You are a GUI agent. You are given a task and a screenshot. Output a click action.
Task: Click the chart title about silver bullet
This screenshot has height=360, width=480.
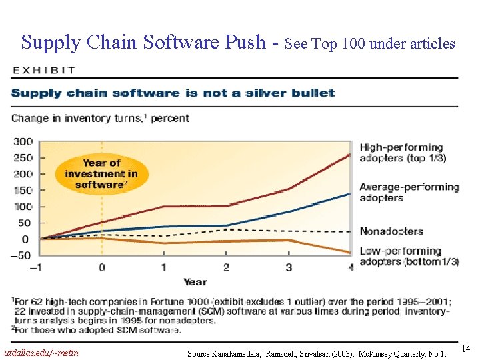173,93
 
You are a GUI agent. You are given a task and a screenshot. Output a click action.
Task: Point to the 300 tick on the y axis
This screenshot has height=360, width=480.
23,141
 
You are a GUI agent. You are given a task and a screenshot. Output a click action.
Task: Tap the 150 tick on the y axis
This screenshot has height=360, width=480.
23,190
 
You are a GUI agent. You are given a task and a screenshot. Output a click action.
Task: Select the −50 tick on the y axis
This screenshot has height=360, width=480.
20,255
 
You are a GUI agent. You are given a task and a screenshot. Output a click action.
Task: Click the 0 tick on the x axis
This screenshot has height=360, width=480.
101,267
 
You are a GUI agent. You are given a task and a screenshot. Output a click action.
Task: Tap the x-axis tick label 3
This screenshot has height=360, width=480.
289,267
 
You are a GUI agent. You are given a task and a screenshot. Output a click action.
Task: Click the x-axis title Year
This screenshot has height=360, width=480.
195,281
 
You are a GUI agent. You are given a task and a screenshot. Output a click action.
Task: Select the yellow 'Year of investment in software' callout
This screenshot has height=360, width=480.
101,173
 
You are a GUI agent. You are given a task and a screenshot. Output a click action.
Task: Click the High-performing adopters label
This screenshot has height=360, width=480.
403,153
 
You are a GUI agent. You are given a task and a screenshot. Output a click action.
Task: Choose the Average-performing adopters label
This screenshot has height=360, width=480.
409,192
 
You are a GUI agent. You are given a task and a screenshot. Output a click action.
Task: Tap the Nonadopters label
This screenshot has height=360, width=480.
391,231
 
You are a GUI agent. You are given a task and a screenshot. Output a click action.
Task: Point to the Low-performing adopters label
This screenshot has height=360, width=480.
409,256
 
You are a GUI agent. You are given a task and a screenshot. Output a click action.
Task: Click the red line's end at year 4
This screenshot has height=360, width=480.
351,155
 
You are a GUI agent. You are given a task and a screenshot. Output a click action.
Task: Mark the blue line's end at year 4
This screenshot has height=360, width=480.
351,193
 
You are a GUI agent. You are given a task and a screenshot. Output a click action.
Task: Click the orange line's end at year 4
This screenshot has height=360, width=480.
351,253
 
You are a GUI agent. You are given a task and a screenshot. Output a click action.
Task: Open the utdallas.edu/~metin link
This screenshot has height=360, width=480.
41,352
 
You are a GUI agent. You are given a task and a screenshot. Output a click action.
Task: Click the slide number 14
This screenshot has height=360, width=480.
466,349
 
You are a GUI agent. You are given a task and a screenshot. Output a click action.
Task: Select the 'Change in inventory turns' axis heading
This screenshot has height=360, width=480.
100,119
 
